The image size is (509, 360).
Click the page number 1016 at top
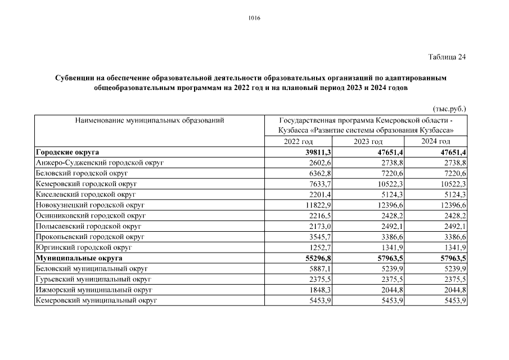click(254, 18)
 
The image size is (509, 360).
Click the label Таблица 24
click(447, 57)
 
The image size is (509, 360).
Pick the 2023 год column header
click(368, 142)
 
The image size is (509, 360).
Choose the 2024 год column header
click(436, 142)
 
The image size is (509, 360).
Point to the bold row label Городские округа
click(67, 152)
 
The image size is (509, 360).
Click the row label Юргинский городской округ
click(83, 247)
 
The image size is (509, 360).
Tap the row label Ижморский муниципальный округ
click(94, 290)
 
